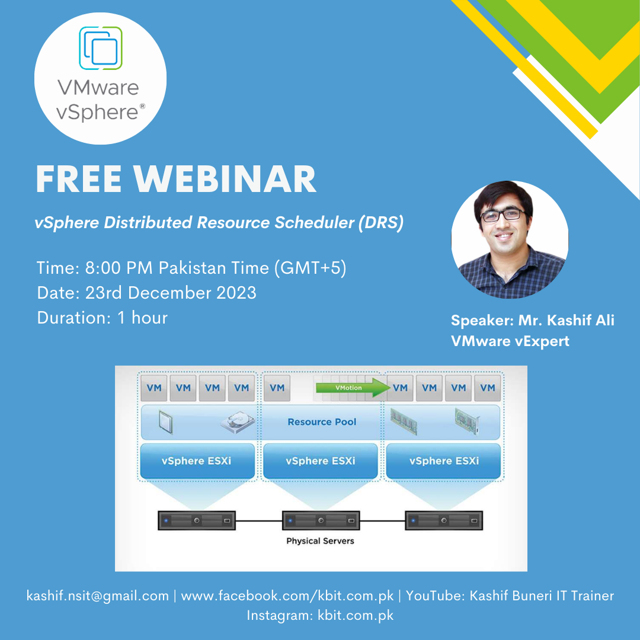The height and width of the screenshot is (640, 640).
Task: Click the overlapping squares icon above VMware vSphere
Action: [x=100, y=48]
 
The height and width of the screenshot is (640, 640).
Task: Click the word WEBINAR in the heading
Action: [x=225, y=179]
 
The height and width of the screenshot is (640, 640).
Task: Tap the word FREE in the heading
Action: [x=78, y=179]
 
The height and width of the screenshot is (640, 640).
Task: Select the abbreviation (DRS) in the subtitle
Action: [x=381, y=223]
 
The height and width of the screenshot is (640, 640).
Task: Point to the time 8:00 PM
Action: [x=119, y=268]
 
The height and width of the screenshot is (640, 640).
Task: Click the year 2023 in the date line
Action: [x=236, y=293]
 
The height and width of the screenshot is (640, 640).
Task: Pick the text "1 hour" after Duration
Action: [x=142, y=318]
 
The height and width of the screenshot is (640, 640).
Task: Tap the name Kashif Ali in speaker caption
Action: [x=566, y=321]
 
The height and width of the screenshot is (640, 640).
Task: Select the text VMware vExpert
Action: [x=510, y=341]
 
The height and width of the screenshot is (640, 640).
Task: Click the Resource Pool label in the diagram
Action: [x=322, y=422]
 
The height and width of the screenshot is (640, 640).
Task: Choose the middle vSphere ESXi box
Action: [x=321, y=461]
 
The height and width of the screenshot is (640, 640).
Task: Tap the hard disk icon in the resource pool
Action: [x=238, y=422]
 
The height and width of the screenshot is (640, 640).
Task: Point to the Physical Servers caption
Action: [x=321, y=541]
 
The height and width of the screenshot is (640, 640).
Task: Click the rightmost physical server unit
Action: [x=444, y=520]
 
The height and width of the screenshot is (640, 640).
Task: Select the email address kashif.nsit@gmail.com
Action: [x=98, y=596]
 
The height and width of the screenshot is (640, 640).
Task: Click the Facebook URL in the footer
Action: [x=287, y=596]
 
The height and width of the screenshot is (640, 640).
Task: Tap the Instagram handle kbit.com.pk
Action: [x=356, y=616]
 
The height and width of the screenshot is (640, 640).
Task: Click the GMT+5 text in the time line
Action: [x=310, y=268]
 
